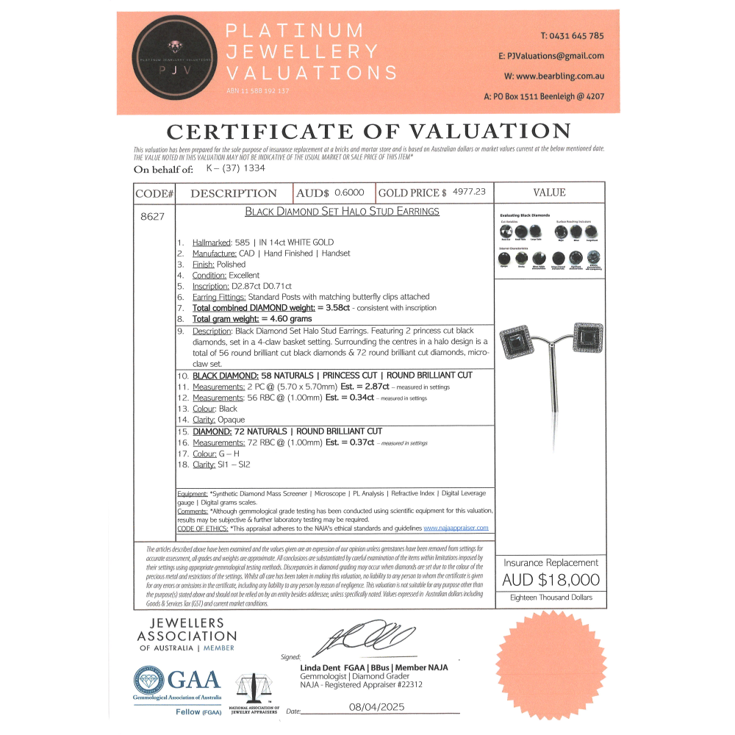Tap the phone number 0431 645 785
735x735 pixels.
(572, 35)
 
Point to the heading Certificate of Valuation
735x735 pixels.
(368, 132)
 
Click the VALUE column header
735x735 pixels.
(549, 193)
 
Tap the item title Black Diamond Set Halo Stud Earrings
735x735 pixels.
(342, 211)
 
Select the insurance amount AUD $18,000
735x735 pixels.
(550, 579)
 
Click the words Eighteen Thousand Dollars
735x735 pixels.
(550, 598)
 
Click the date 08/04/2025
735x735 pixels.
(374, 707)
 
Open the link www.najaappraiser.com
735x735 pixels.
(456, 528)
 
